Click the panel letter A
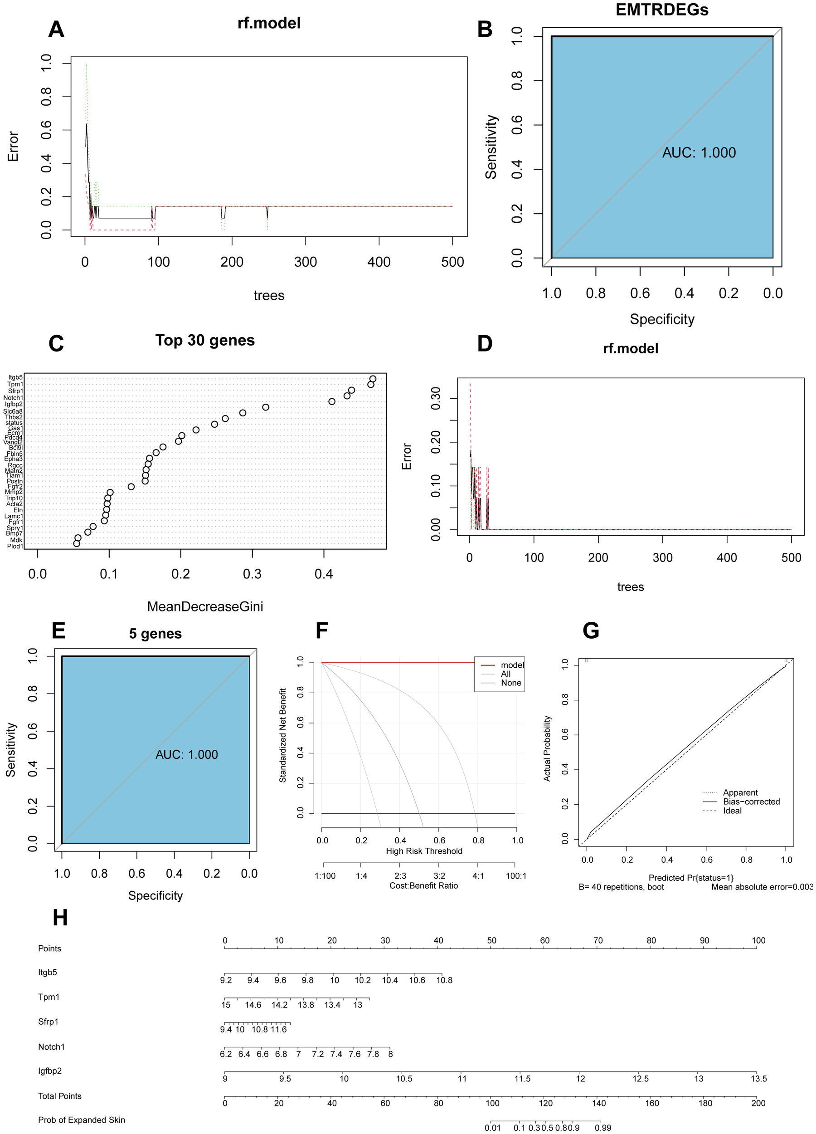coord(56,29)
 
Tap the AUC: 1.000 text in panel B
coord(699,152)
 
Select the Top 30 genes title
coord(205,340)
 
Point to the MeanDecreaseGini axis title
coord(205,606)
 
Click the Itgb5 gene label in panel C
coord(15,377)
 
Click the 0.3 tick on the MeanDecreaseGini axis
coord(252,574)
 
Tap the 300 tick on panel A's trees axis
coord(305,262)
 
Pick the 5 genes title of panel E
coord(155,634)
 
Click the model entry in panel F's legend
coord(512,665)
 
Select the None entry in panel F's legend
coord(511,683)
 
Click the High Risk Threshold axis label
coord(424,851)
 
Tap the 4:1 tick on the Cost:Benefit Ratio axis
coord(478,876)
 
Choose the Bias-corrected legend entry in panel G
coord(751,802)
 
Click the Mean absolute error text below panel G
coord(762,887)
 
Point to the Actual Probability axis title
coord(547,748)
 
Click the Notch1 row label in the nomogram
coord(52,1046)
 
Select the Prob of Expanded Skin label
coord(82,1119)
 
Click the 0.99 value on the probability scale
coord(602,1128)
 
